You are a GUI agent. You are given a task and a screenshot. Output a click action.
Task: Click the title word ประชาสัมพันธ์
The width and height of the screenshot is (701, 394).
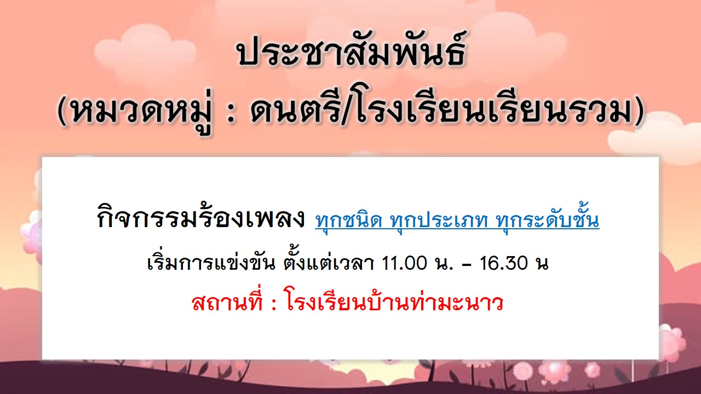[352, 52]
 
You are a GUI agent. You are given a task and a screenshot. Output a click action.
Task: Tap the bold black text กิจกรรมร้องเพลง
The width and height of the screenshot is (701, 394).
[200, 217]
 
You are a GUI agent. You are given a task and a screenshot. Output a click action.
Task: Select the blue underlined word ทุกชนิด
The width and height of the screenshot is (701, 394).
[349, 219]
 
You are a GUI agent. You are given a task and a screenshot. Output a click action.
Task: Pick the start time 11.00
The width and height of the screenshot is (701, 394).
[404, 263]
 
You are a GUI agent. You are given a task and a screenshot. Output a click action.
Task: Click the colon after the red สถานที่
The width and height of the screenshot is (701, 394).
[274, 303]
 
